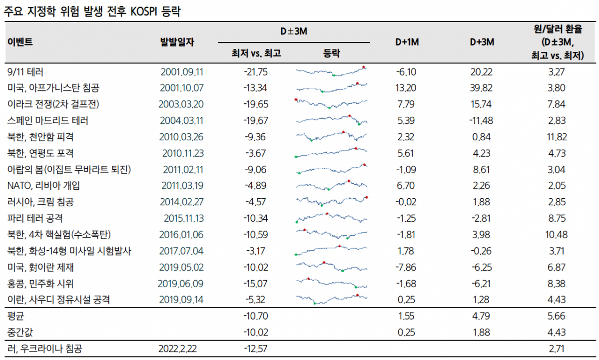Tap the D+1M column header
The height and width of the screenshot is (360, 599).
(407, 42)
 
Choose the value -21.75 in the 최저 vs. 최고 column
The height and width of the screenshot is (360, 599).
(255, 72)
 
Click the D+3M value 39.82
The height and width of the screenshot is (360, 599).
(482, 88)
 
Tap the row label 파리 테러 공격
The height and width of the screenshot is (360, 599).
(35, 218)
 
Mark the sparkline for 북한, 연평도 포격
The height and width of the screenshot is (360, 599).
(331, 153)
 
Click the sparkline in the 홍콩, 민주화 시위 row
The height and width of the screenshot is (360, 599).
(331, 283)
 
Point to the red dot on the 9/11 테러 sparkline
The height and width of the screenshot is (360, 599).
(364, 67)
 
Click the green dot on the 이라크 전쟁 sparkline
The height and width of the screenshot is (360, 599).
(329, 107)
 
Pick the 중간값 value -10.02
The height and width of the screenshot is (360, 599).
(255, 332)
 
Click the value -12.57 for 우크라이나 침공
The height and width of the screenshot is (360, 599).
(255, 349)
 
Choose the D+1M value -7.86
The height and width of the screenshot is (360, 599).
(406, 267)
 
